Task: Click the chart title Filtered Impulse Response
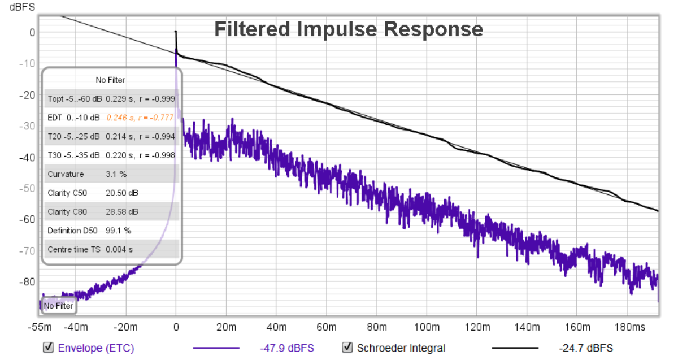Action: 349,29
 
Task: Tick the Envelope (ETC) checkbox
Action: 49,348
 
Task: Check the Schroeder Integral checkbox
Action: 347,348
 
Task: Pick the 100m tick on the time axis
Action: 427,327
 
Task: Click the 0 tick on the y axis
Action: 32,33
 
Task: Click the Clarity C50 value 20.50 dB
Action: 122,193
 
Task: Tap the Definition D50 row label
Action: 67,231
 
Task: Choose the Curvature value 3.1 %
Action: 116,174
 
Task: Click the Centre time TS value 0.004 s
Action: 120,249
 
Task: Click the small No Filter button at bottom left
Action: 59,306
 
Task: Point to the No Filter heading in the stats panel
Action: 111,80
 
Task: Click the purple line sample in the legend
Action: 216,348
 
